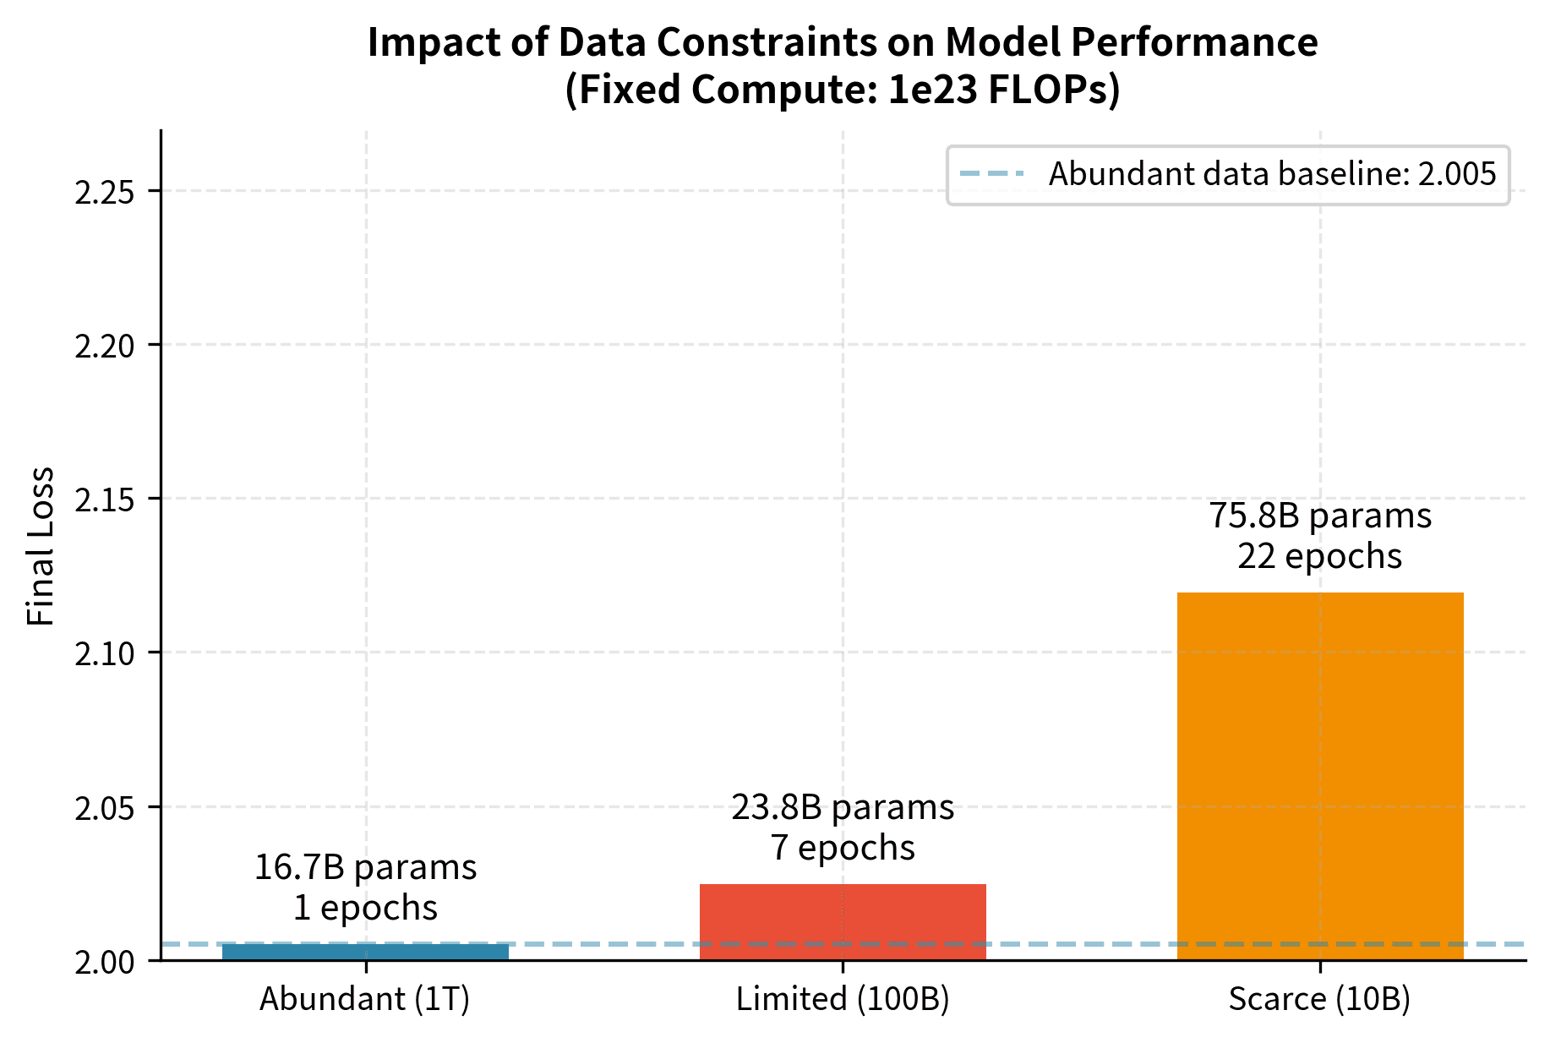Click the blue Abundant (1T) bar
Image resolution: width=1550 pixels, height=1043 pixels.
coord(365,952)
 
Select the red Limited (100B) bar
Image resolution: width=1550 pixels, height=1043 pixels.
coord(843,921)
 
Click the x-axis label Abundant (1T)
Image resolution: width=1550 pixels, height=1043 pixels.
coord(365,999)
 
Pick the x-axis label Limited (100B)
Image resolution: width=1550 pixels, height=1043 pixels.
coord(843,999)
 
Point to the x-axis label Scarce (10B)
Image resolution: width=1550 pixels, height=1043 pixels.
coord(1319,999)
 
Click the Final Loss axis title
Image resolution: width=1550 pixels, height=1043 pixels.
coord(41,546)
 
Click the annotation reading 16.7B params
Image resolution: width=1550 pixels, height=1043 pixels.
coord(365,868)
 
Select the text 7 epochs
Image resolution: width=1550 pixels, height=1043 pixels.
coord(843,848)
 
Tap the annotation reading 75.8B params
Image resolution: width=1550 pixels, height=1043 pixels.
coord(1319,516)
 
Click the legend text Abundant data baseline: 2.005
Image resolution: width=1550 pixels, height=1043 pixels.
coord(1272,174)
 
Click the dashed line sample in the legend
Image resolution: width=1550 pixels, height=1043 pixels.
coord(992,174)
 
